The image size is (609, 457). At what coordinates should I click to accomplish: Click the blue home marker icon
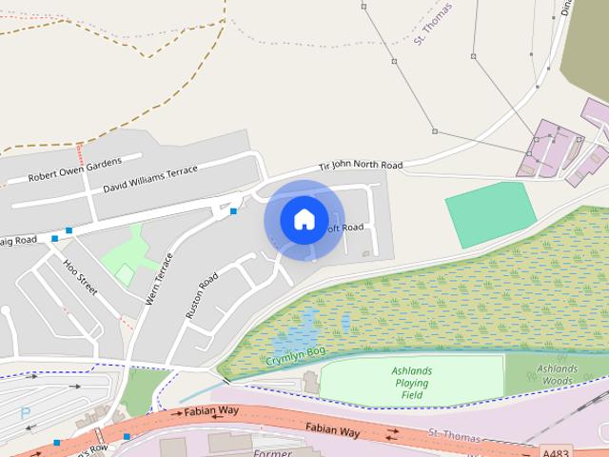point(304,220)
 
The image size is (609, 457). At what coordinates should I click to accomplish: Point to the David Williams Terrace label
point(150,177)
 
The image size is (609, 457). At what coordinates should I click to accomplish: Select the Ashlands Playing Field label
point(411,383)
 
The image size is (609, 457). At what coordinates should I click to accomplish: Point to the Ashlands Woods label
point(556,374)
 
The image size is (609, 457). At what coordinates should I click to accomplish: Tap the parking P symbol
point(25,414)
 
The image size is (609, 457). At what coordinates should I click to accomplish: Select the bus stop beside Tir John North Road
point(233,210)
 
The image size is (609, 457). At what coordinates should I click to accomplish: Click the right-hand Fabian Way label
point(332,432)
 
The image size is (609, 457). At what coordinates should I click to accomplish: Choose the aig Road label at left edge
point(18,240)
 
